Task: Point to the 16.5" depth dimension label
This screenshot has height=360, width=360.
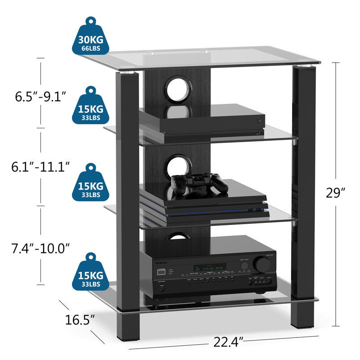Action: (x=79, y=320)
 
